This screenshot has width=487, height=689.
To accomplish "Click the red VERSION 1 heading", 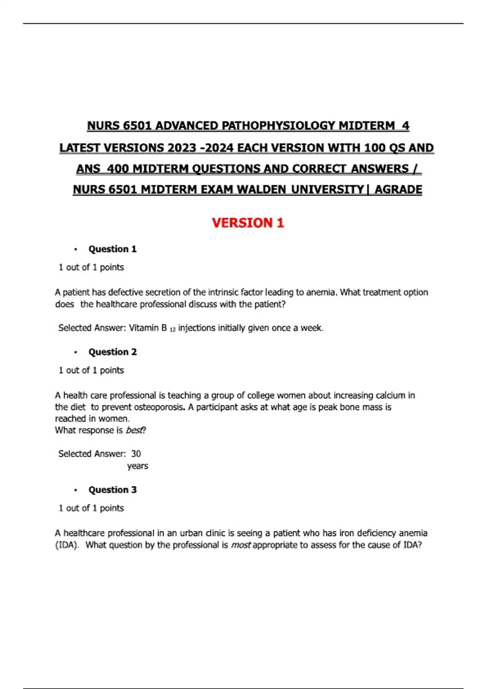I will (248, 223).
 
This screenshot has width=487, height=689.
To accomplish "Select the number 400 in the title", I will (118, 169).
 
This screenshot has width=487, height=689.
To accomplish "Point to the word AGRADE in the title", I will (398, 190).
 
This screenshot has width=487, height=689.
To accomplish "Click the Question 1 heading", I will (112, 249).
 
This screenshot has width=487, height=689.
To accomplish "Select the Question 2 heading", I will (112, 352).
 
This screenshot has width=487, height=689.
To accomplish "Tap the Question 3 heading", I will (112, 490).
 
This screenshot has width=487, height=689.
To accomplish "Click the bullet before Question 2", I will (75, 352).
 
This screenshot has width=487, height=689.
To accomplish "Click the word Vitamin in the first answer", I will (144, 328).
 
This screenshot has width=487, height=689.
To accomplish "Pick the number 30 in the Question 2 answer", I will (136, 454).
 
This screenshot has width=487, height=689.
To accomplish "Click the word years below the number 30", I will (138, 466).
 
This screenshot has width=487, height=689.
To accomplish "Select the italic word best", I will (135, 430).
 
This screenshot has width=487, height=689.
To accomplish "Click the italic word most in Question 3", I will (241, 545).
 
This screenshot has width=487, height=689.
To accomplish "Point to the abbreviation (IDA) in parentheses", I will (67, 545).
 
